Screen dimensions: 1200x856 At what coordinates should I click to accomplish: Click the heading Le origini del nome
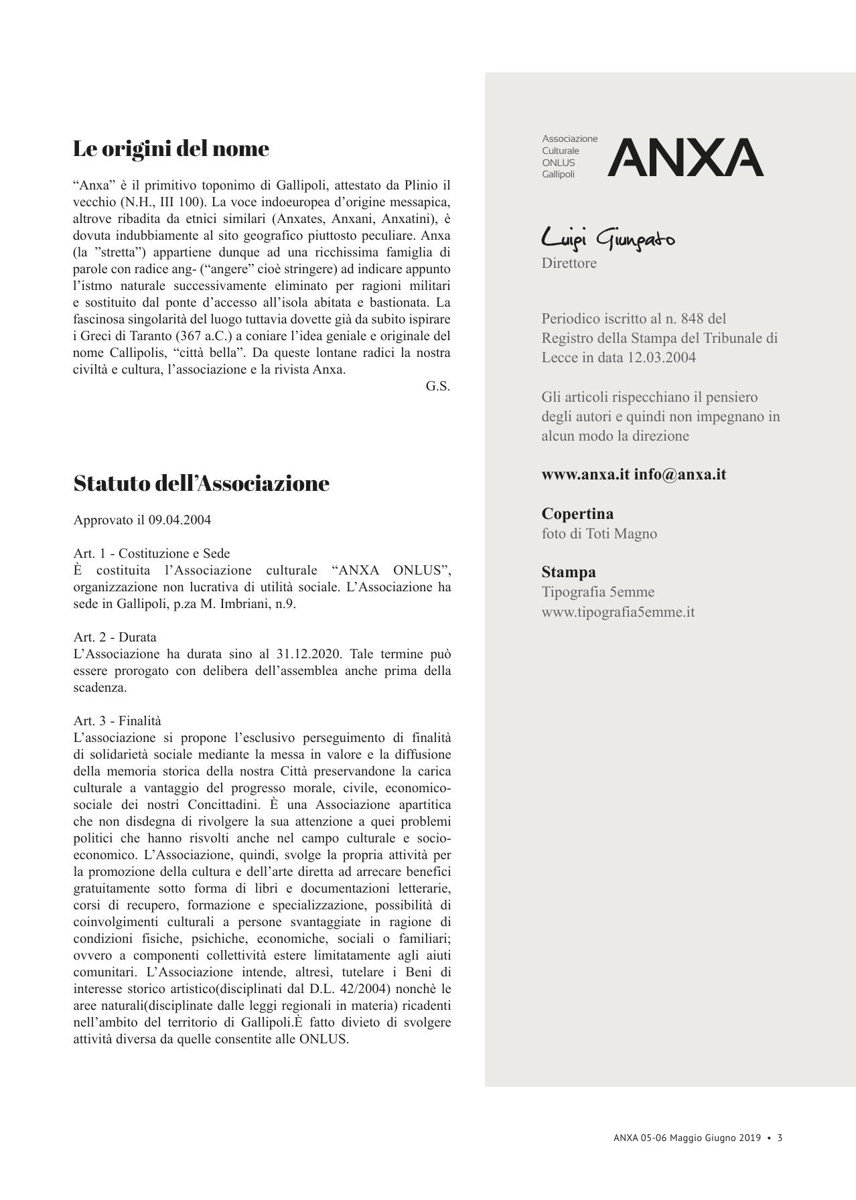[171, 149]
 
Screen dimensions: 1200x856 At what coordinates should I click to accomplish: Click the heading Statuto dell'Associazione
[201, 483]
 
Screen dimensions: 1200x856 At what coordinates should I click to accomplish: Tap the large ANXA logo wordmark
[685, 157]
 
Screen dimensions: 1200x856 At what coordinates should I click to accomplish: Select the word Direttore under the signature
[569, 263]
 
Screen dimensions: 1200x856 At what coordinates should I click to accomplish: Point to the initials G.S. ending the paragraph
[437, 386]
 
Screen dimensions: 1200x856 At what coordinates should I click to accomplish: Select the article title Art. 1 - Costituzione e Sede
[151, 554]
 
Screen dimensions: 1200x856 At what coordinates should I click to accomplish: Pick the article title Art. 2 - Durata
[115, 637]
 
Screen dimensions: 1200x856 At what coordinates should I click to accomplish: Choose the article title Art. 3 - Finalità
[117, 721]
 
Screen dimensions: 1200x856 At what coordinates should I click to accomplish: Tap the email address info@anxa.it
[680, 475]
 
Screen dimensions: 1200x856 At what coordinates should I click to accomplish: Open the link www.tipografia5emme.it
[618, 612]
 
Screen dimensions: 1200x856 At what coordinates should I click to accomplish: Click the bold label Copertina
[577, 514]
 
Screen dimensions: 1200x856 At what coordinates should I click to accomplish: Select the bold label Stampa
[568, 573]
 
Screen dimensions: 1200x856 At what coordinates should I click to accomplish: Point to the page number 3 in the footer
[780, 1138]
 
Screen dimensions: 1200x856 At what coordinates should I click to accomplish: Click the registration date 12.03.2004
[661, 358]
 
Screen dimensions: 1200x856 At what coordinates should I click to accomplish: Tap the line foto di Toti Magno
[599, 534]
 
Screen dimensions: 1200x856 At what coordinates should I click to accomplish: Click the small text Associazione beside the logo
[569, 139]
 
